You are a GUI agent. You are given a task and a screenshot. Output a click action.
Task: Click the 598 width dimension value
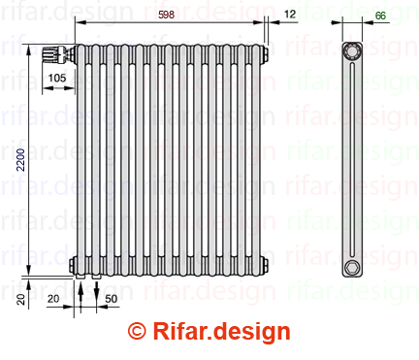pyautogui.click(x=166, y=15)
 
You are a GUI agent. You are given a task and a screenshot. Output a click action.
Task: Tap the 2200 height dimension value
pyautogui.click(x=20, y=159)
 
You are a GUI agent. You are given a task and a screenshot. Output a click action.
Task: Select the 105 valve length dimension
pyautogui.click(x=57, y=78)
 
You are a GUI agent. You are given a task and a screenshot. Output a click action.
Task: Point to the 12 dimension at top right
pyautogui.click(x=290, y=14)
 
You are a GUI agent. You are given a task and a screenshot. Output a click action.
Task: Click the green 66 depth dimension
pyautogui.click(x=380, y=16)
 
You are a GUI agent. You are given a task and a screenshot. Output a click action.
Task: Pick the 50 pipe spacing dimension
pyautogui.click(x=111, y=299)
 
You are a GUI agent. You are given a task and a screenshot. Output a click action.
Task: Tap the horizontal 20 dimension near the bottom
pyautogui.click(x=53, y=299)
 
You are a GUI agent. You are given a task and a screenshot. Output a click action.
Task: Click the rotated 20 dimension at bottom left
pyautogui.click(x=20, y=300)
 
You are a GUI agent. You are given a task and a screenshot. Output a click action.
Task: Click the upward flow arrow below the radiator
pyautogui.click(x=81, y=293)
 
